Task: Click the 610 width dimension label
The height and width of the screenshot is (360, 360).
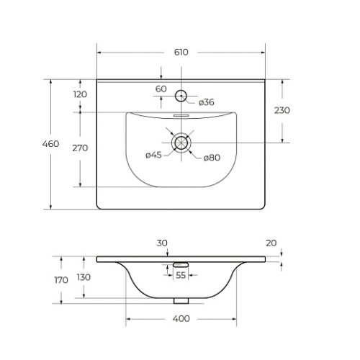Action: [x=181, y=53]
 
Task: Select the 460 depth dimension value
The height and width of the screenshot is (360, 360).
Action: [x=50, y=144]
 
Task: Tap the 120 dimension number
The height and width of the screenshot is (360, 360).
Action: [x=80, y=94]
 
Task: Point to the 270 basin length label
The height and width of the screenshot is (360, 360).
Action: [x=80, y=148]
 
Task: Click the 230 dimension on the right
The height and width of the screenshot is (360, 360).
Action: [x=282, y=110]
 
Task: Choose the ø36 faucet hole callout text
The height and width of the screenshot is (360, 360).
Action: [x=207, y=102]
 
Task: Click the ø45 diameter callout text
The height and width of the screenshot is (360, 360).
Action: [x=153, y=155]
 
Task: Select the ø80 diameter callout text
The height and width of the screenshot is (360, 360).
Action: [x=212, y=158]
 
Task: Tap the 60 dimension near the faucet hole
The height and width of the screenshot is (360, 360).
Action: [x=161, y=89]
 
